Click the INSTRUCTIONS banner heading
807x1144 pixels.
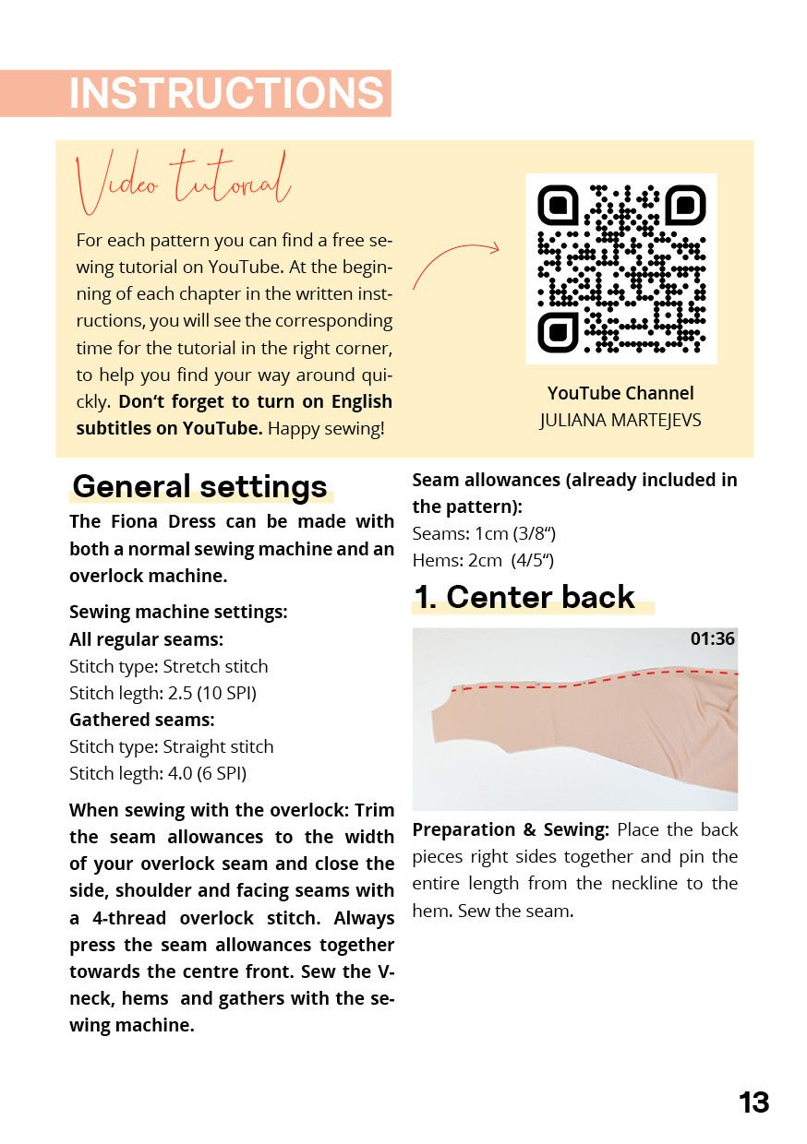click(226, 93)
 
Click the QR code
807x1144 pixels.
click(620, 268)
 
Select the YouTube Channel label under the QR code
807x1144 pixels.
click(620, 393)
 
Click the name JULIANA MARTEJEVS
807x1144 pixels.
click(620, 421)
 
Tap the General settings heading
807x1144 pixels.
click(200, 486)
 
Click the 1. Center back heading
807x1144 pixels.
click(524, 597)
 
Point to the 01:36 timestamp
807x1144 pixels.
click(712, 638)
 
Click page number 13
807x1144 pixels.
click(753, 1102)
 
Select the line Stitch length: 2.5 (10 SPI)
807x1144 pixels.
click(163, 693)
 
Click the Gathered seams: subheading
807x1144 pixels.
click(142, 720)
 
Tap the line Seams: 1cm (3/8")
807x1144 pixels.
click(484, 533)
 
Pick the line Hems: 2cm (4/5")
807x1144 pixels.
click(483, 560)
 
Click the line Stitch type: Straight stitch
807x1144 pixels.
click(172, 746)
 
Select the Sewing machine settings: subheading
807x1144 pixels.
click(178, 612)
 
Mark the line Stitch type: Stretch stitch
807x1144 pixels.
click(169, 666)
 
